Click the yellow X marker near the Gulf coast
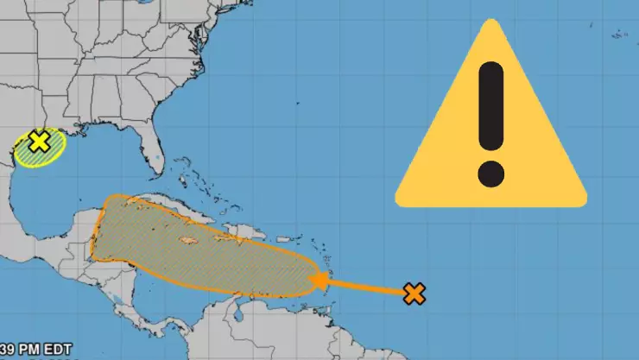39,142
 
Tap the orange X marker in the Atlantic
415,294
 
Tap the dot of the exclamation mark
490,174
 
